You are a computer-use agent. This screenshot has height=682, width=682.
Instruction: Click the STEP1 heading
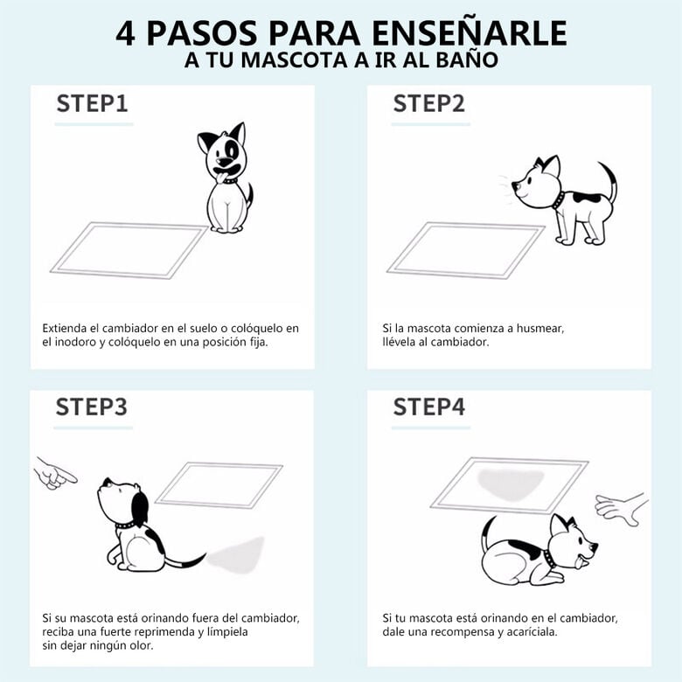92,103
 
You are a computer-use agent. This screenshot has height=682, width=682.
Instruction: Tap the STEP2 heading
428,103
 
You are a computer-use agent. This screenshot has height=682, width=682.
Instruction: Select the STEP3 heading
92,407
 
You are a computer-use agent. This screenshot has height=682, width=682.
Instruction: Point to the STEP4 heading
428,407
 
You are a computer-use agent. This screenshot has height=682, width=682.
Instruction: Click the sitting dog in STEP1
226,179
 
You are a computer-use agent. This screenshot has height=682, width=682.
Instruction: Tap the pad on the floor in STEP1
129,249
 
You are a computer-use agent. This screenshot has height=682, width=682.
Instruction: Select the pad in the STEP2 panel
465,249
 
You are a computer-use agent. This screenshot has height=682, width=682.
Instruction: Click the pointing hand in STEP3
55,473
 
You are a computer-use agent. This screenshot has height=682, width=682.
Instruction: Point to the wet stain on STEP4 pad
511,483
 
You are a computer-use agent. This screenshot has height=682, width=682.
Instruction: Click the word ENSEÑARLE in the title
467,32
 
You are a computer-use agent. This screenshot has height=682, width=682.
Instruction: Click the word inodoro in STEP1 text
79,342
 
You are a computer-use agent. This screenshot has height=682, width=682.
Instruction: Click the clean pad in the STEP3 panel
219,484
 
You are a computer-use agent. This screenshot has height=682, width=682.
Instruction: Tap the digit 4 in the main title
127,32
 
